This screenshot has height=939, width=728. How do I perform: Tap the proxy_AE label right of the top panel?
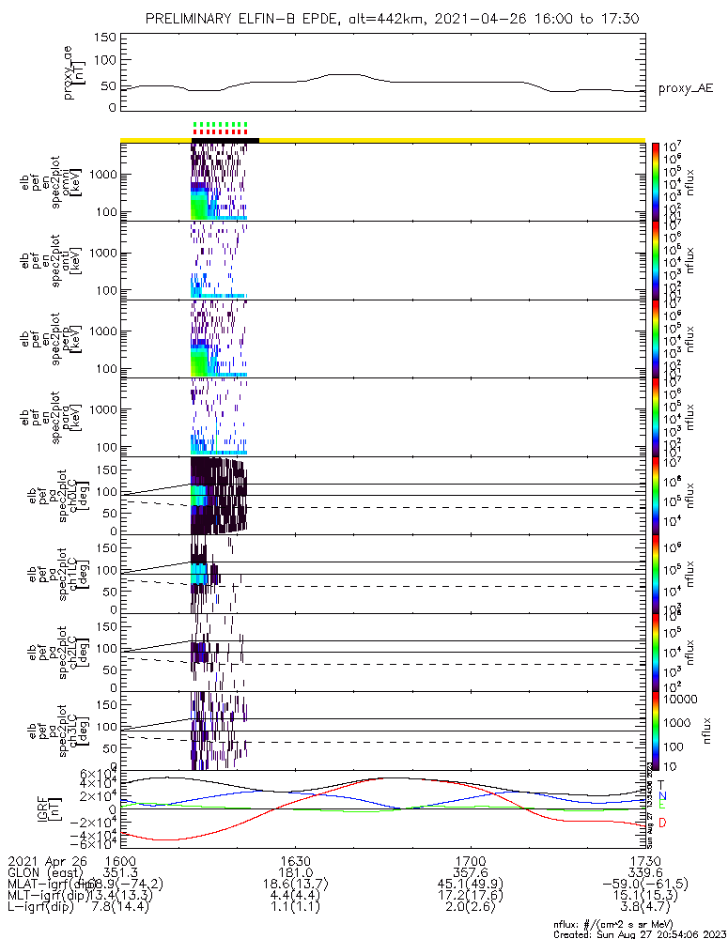coord(686,88)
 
